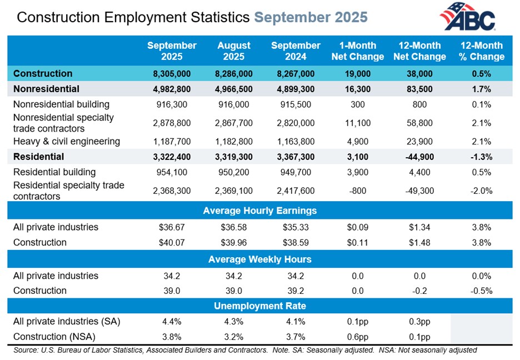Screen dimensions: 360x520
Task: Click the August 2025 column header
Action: [233, 51]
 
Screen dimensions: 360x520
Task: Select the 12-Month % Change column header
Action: [481, 51]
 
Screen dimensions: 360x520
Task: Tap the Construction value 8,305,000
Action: [172, 74]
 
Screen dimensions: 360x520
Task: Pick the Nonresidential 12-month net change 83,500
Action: [419, 89]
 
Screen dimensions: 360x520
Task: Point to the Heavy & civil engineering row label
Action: [66, 141]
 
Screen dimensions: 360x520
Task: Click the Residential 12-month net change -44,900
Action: [419, 157]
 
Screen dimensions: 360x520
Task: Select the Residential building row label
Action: [54, 172]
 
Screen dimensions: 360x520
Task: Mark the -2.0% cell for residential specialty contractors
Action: [481, 191]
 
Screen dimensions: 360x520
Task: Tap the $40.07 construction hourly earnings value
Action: [172, 242]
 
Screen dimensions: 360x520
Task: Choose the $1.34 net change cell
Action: [419, 227]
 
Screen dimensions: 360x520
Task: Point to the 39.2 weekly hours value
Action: [296, 291]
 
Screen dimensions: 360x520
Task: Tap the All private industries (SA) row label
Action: [67, 321]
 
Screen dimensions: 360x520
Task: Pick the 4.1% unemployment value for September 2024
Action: [296, 321]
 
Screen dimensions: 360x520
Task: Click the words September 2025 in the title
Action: [311, 17]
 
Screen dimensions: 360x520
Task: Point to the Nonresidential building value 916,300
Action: [172, 104]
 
